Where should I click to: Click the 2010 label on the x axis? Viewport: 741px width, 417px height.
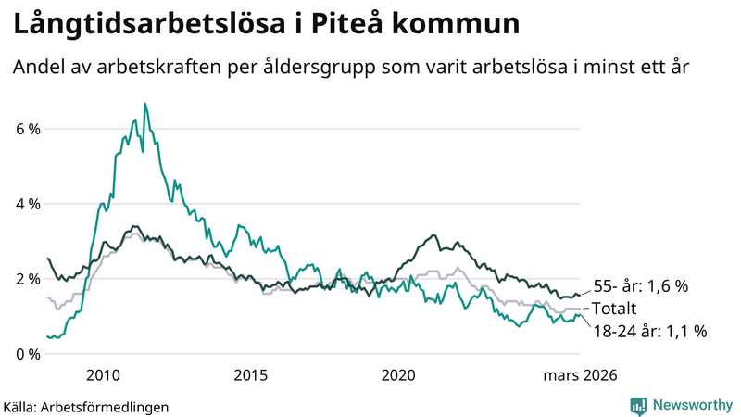(103, 375)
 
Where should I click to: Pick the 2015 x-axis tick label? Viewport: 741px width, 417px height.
(251, 375)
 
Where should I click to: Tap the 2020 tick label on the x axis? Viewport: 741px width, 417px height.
(398, 375)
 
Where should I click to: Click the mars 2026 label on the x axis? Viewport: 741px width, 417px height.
(579, 375)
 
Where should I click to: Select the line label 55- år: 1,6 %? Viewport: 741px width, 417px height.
(641, 287)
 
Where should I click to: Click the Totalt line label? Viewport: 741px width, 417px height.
(616, 309)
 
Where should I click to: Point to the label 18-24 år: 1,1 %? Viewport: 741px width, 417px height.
(650, 331)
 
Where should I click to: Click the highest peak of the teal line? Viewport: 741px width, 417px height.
(144, 104)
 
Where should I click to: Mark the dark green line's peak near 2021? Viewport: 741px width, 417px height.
(433, 235)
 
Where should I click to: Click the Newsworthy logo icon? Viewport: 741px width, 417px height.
(638, 405)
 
